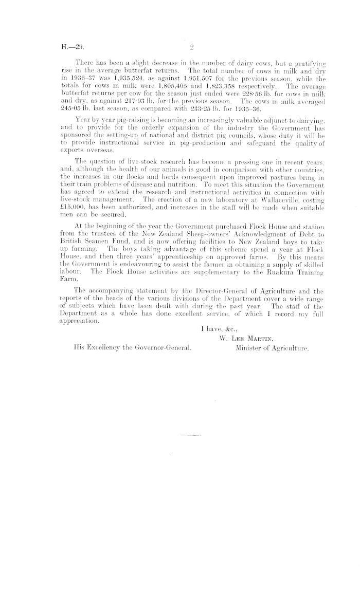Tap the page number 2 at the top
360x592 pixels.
click(x=191, y=49)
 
